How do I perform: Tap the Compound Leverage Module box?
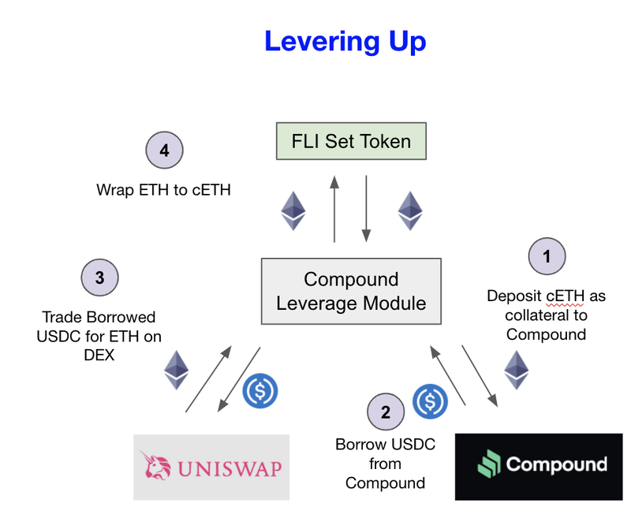click(x=351, y=291)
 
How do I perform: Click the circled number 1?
click(x=546, y=256)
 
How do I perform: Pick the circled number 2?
click(x=386, y=411)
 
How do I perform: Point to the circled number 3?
click(x=99, y=277)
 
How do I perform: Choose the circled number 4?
click(x=165, y=150)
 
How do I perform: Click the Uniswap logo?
click(x=211, y=467)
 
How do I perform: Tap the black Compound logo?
click(x=538, y=466)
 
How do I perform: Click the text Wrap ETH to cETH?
click(x=163, y=189)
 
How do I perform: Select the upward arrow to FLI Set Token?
click(x=334, y=208)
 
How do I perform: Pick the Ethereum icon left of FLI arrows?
click(x=293, y=210)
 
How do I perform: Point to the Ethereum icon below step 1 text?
click(x=517, y=369)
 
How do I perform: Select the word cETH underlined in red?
click(x=564, y=296)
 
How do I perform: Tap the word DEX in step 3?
click(x=99, y=355)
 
